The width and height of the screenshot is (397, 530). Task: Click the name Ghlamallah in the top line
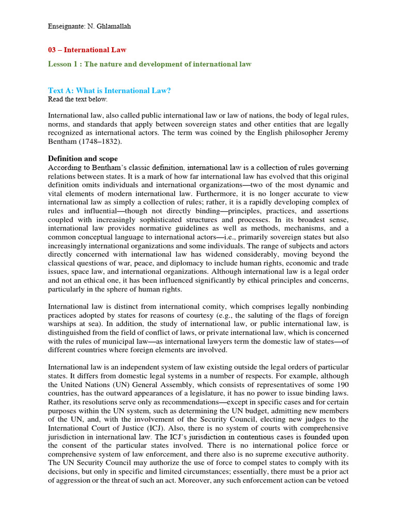113,26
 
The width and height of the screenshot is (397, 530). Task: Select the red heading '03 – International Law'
87,50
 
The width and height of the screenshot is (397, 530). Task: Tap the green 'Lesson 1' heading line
150,64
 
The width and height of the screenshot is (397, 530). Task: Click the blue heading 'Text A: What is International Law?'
109,91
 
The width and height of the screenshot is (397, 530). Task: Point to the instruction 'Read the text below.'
78,99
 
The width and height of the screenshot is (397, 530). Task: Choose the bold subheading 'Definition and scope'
83,158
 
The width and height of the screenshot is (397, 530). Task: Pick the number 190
342,385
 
